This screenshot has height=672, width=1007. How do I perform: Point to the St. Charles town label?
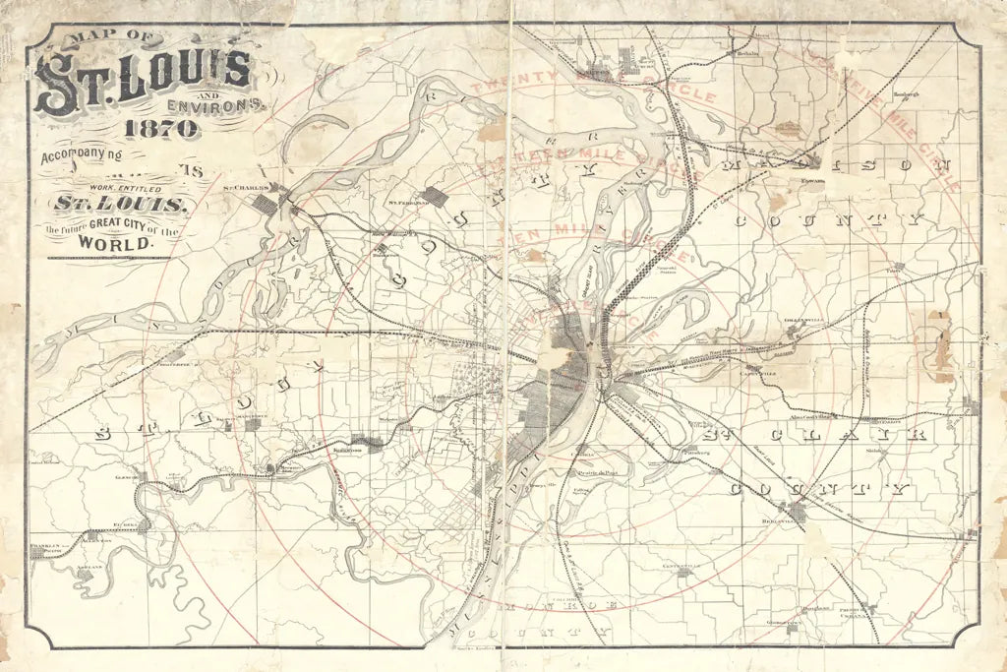[245, 187]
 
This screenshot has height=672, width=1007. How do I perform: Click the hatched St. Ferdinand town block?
[433, 197]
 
